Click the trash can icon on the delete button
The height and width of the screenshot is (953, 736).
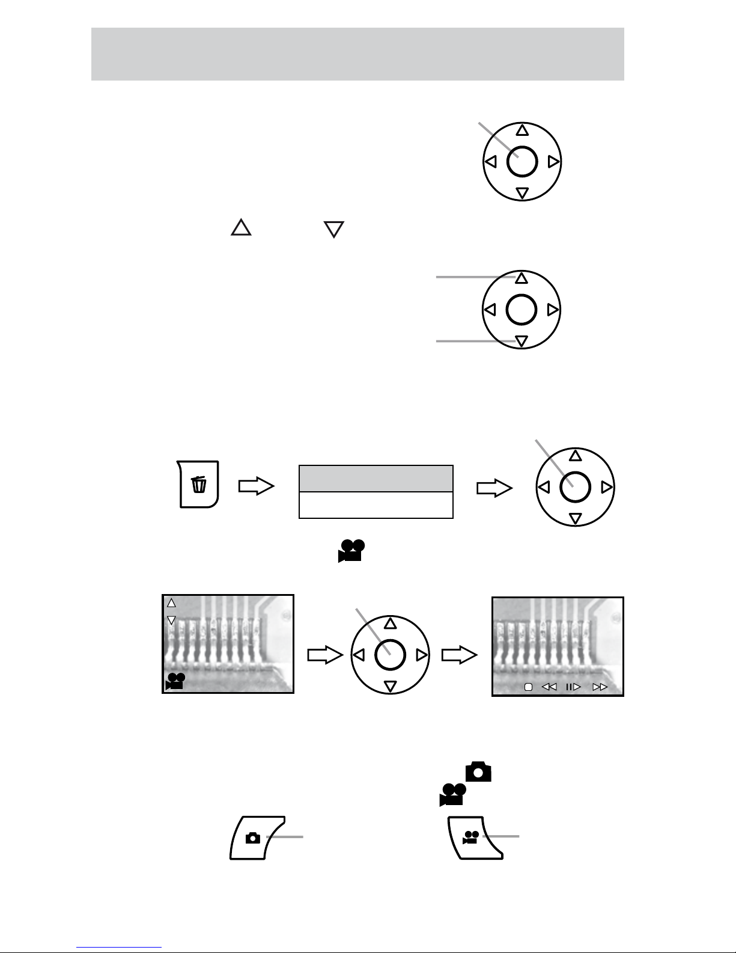(x=199, y=484)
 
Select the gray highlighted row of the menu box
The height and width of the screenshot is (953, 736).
(x=376, y=479)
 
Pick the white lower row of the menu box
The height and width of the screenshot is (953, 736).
(x=376, y=505)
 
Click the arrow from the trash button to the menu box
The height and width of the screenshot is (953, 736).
(x=257, y=486)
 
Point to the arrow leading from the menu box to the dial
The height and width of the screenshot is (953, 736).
(x=494, y=488)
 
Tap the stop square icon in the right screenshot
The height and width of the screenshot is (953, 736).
(x=528, y=687)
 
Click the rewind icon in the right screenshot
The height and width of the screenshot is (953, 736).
(x=549, y=687)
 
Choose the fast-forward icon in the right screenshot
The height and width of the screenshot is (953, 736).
(x=600, y=687)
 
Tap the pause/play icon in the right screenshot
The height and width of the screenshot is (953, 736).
(x=573, y=687)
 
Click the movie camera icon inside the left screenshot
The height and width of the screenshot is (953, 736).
(x=175, y=681)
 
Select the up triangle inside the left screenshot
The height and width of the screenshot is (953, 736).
(x=171, y=602)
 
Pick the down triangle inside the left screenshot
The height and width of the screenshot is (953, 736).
(x=171, y=620)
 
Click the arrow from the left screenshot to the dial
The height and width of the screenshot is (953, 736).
(x=324, y=655)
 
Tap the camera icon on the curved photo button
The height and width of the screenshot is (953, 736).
(x=253, y=838)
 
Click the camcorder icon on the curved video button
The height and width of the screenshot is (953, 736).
(x=470, y=837)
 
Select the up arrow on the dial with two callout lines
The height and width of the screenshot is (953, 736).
(x=522, y=278)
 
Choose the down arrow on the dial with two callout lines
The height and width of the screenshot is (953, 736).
(x=522, y=342)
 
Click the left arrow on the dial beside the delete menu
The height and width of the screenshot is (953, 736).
(x=543, y=487)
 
